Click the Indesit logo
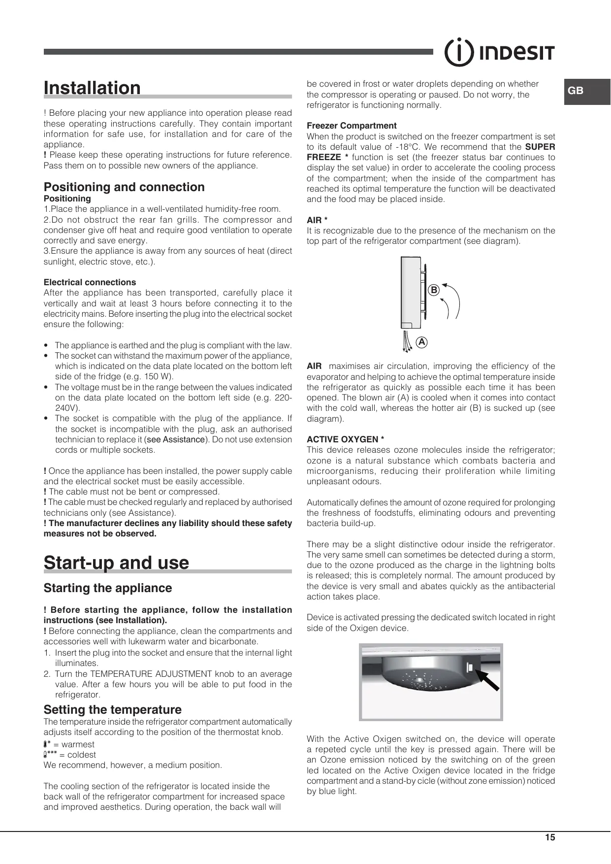(x=500, y=52)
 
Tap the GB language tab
(x=576, y=91)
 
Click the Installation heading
(x=92, y=88)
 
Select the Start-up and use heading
(x=116, y=563)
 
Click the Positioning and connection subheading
(x=124, y=187)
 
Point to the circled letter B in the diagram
(x=433, y=290)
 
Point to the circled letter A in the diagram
(x=421, y=341)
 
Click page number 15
(x=550, y=837)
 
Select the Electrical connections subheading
(x=90, y=282)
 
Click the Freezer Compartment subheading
(x=352, y=126)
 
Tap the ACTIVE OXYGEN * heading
(x=345, y=439)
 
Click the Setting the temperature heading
(x=112, y=710)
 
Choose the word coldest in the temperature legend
(x=82, y=755)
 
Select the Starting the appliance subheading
(x=108, y=588)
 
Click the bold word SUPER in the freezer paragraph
(x=540, y=147)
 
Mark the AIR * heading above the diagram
(x=317, y=220)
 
